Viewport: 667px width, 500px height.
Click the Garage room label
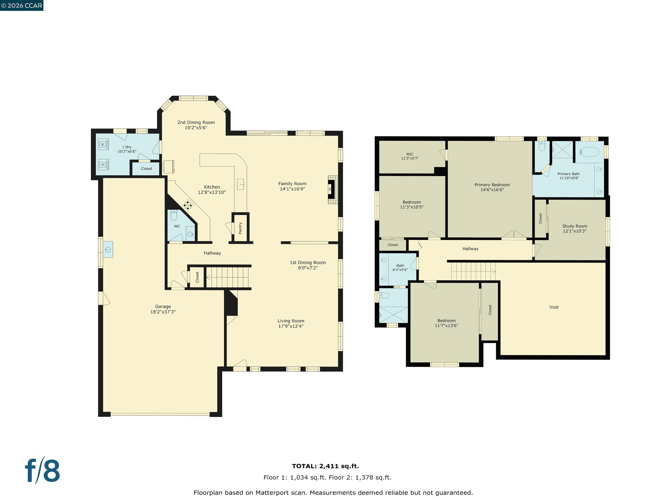(x=163, y=306)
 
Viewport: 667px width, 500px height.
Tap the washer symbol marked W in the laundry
(x=103, y=144)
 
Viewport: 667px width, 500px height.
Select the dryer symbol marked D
(x=103, y=164)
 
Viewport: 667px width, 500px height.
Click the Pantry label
(x=240, y=228)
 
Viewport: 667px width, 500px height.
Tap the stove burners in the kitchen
(x=188, y=205)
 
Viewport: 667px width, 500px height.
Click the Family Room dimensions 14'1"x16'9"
(x=292, y=189)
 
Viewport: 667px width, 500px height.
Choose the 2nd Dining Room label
(x=196, y=122)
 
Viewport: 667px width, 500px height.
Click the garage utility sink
(x=108, y=249)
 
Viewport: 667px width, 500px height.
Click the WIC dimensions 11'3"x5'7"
(x=409, y=158)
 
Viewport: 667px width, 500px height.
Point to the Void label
(x=554, y=307)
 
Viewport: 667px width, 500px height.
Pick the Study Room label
(x=575, y=226)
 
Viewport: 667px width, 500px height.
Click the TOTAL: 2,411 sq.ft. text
(x=325, y=466)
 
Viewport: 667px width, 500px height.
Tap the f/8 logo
(x=42, y=471)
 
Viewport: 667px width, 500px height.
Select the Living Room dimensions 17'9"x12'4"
(x=291, y=326)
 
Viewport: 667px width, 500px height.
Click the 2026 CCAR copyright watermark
(x=21, y=5)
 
